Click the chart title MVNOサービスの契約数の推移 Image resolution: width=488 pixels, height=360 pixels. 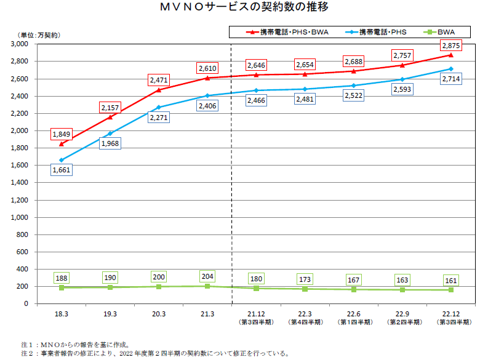point(244,9)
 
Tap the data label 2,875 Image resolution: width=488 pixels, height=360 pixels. point(451,46)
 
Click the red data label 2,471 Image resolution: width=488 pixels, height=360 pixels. point(158,80)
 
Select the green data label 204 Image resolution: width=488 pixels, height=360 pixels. point(207,276)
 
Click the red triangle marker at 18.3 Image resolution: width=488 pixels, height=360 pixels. point(62,144)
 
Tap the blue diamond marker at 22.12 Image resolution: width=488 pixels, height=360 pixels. point(451,69)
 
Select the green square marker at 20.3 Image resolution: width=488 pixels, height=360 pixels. point(159,287)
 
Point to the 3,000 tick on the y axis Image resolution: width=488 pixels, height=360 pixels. point(20,44)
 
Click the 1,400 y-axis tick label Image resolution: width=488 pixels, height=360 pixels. point(20,183)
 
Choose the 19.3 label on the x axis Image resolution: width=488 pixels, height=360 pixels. point(110,314)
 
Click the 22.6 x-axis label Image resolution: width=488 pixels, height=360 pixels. point(353,314)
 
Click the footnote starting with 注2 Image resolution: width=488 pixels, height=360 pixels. point(154,354)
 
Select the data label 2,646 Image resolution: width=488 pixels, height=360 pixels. point(256,65)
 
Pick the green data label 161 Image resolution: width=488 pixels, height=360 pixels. point(451,280)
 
